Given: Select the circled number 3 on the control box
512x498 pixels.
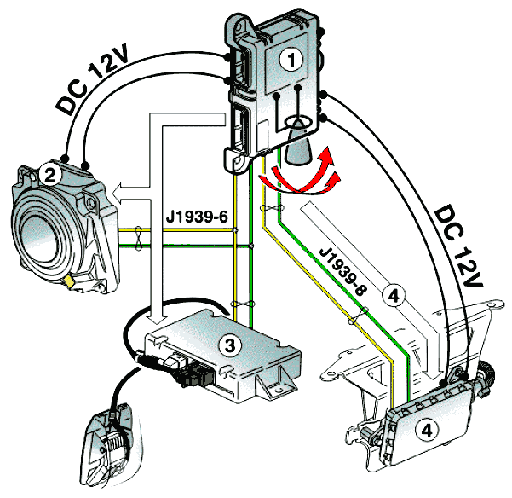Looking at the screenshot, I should pyautogui.click(x=228, y=345).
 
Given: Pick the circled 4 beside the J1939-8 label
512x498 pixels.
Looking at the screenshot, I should pyautogui.click(x=393, y=294).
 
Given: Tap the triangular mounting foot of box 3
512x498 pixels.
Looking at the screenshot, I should pyautogui.click(x=275, y=390).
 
